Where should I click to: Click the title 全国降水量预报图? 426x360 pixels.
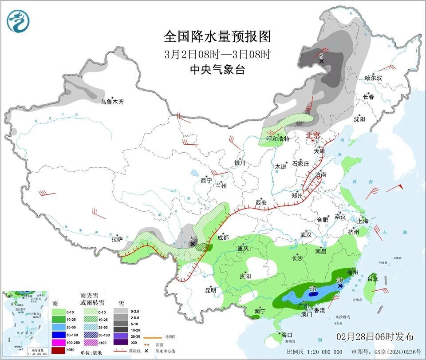pyautogui.click(x=217, y=36)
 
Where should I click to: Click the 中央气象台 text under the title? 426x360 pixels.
pyautogui.click(x=217, y=70)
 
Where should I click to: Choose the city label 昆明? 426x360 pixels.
pyautogui.click(x=210, y=290)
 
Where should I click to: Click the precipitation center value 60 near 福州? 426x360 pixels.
pyautogui.click(x=340, y=281)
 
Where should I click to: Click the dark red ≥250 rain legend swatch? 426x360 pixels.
pyautogui.click(x=59, y=351)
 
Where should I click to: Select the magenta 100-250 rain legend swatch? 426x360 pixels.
pyautogui.click(x=59, y=343)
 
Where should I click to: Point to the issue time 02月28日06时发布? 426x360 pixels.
pyautogui.click(x=375, y=336)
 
